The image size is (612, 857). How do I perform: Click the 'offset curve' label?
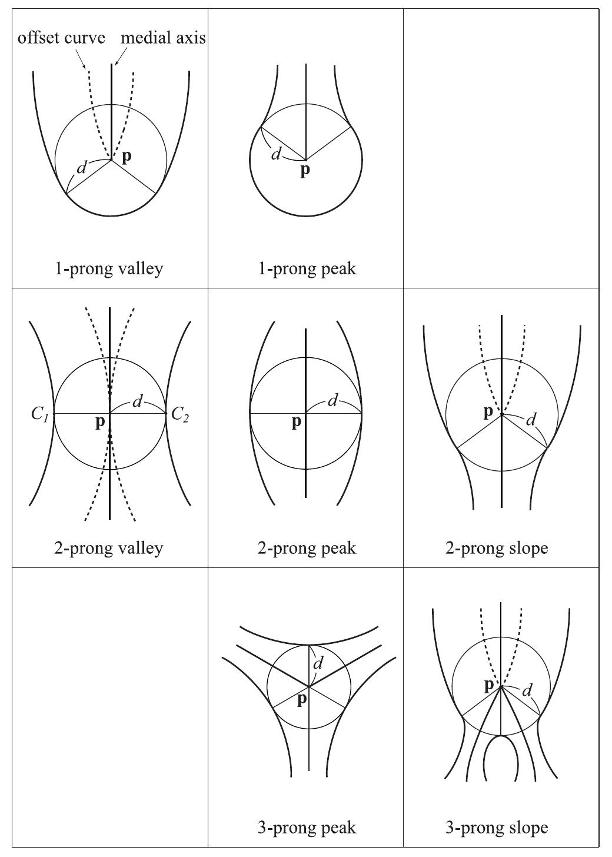61,38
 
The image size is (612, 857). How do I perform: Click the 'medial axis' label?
164,38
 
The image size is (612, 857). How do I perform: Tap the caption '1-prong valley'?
109,269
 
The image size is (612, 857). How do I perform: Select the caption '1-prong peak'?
307,269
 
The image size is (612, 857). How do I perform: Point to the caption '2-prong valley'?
109,548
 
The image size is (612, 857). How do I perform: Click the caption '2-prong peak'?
307,548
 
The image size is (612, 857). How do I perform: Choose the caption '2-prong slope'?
497,548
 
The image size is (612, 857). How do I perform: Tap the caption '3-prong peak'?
307,828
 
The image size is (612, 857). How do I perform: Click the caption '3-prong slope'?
497,828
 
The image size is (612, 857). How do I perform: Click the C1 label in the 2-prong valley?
39,414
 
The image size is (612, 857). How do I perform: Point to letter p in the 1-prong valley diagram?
127,157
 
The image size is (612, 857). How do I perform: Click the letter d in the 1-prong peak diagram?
275,155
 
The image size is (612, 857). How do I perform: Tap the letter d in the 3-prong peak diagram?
318,664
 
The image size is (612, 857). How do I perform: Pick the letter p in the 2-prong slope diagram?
488,411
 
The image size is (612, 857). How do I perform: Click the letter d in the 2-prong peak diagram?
332,401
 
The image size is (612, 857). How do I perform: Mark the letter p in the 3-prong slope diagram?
488,685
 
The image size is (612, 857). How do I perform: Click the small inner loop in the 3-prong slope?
501,759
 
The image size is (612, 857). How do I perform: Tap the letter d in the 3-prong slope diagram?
528,689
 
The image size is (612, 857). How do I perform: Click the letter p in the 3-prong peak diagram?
301,700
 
